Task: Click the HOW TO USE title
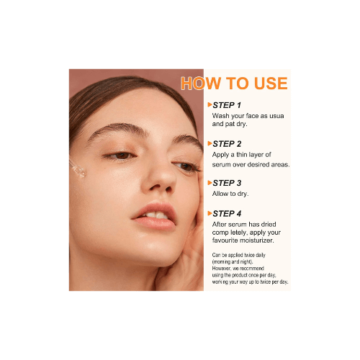pyautogui.click(x=234, y=84)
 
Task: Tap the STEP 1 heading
pyautogui.click(x=227, y=105)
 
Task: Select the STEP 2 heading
pyautogui.click(x=227, y=144)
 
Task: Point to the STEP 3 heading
pyautogui.click(x=227, y=183)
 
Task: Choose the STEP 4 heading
pyautogui.click(x=227, y=214)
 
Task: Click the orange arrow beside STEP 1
pyautogui.click(x=210, y=104)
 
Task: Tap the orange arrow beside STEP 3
pyautogui.click(x=210, y=183)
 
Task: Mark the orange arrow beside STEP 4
pyautogui.click(x=210, y=213)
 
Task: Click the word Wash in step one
pyautogui.click(x=220, y=116)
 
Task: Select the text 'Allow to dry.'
pyautogui.click(x=230, y=194)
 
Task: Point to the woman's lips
pyautogui.click(x=155, y=217)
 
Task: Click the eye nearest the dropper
pyautogui.click(x=121, y=156)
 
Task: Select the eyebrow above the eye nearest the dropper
pyautogui.click(x=117, y=130)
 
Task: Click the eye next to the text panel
pyautogui.click(x=186, y=166)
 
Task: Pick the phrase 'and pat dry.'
pyautogui.click(x=230, y=124)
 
